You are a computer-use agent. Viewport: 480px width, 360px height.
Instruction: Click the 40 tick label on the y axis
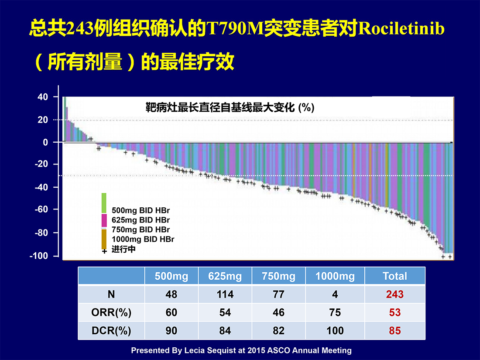pos(43,97)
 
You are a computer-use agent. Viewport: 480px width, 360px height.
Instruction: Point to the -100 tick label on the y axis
pos(39,256)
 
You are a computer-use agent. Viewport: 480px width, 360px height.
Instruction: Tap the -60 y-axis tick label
pos(41,209)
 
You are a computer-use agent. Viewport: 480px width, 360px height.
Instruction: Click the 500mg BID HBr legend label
pos(141,210)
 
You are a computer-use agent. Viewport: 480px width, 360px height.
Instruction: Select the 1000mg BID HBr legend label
pos(143,239)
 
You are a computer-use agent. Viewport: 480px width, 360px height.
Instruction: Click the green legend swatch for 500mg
pos(104,203)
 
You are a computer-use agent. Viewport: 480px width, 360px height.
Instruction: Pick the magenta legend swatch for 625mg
pos(104,220)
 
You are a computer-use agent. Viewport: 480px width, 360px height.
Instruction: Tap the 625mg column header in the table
pos(225,276)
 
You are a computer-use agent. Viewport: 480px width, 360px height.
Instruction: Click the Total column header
pos(395,276)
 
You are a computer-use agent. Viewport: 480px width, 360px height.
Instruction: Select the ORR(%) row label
pos(111,312)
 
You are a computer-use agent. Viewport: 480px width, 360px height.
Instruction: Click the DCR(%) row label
pos(111,331)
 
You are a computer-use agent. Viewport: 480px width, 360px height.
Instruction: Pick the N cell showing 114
pos(225,295)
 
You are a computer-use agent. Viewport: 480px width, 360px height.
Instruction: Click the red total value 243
pos(395,295)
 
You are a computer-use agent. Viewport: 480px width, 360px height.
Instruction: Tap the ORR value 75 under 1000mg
pos(335,312)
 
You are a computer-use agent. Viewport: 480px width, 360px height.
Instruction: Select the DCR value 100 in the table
pos(335,331)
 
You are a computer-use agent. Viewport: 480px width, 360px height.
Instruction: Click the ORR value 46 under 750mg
pos(278,312)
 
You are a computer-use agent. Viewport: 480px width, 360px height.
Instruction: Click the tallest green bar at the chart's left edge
pos(65,120)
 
